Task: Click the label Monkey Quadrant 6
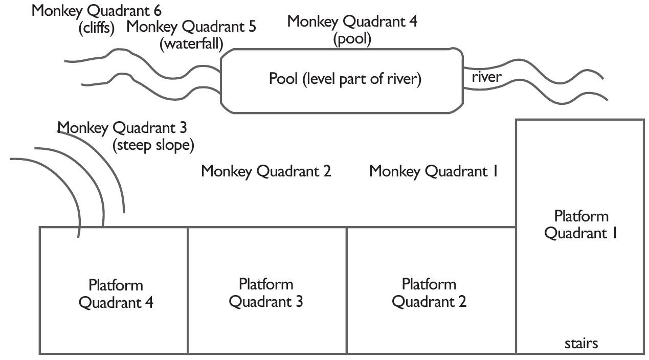pos(97,11)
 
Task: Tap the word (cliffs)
pos(97,28)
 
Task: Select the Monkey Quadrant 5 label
pos(191,27)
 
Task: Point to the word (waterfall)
pos(191,43)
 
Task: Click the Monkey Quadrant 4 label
pos(352,21)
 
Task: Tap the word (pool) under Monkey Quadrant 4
pos(352,39)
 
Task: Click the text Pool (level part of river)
pos(345,79)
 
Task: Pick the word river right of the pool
pos(486,77)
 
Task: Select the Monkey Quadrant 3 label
pos(121,127)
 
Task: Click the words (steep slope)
pos(153,145)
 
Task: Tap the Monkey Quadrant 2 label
pos(266,171)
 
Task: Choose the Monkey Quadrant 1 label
pos(434,171)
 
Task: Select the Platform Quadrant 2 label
pos(429,292)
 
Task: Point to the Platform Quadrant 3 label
pos(265,292)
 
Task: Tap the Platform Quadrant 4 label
pos(116,294)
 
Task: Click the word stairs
pos(581,343)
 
